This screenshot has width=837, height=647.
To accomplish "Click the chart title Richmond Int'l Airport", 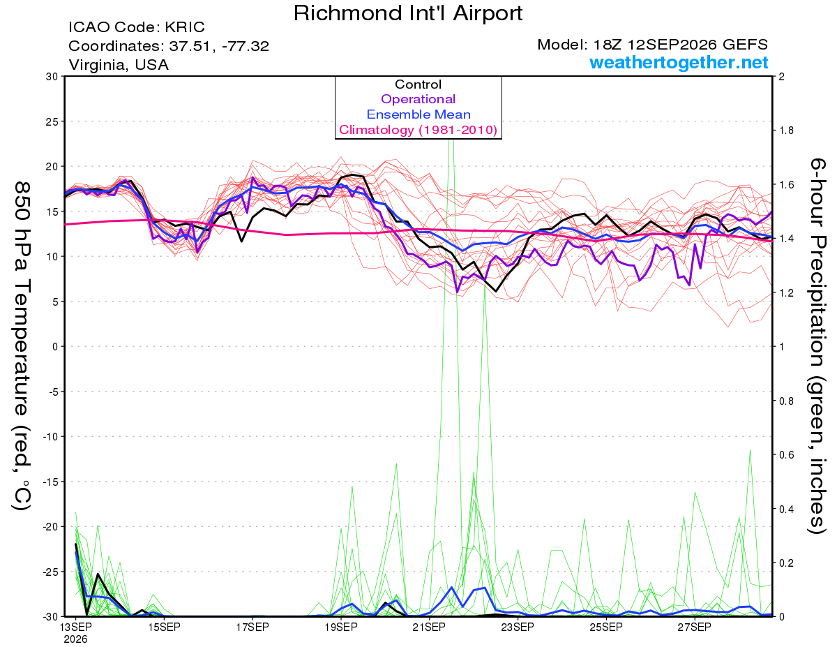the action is point(408,13).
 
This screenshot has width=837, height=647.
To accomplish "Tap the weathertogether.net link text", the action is point(679,62).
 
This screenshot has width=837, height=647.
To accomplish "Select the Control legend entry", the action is point(418,84).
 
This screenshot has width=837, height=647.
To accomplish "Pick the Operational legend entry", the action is point(418,99).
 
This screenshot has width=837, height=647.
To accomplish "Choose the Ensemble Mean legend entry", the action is point(418,114).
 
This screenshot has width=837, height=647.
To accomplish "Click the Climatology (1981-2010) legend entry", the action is point(418,130).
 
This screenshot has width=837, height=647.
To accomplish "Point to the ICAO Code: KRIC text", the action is point(137,27).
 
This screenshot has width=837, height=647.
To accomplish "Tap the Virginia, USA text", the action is point(119,65).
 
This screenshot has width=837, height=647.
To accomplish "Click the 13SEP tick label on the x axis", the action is point(75,627).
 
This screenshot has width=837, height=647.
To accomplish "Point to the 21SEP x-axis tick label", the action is point(429,627).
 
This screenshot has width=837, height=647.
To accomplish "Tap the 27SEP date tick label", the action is point(694,627).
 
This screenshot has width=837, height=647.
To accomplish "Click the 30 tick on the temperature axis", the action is point(52,77).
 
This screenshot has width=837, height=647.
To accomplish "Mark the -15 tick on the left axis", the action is point(50,482).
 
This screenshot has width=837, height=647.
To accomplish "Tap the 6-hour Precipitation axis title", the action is point(817,346).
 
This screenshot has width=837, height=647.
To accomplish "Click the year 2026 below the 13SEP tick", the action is point(75,639).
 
